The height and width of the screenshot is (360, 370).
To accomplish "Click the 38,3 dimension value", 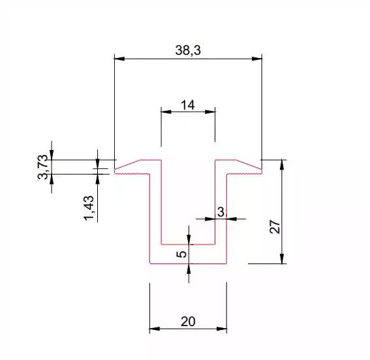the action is click(x=188, y=50).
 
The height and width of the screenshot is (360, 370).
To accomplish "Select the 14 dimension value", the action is click(x=188, y=105).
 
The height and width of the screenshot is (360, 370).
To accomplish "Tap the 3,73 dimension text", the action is click(x=42, y=167).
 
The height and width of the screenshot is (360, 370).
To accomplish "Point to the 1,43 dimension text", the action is click(x=89, y=208).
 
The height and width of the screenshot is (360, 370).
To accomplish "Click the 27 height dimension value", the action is click(x=275, y=226).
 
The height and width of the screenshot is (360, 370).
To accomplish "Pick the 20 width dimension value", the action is click(x=188, y=322).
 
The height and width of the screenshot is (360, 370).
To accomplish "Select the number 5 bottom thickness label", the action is click(x=181, y=254).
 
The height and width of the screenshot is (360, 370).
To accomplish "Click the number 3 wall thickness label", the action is click(x=221, y=212).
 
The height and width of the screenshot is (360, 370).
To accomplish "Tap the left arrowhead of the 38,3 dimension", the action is click(x=119, y=59).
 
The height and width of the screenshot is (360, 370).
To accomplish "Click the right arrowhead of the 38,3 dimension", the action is click(x=257, y=59).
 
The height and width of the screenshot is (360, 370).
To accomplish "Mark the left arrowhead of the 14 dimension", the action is click(x=166, y=112).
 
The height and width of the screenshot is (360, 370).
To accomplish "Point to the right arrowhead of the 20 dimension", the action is click(x=222, y=329).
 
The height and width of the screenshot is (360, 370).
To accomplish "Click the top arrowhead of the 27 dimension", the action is click(x=282, y=164).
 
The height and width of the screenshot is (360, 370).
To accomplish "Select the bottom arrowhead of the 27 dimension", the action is click(x=282, y=259).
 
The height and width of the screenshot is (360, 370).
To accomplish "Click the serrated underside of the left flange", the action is click(x=132, y=174).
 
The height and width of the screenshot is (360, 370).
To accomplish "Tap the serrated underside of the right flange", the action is click(x=245, y=174).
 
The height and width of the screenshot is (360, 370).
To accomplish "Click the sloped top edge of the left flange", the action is click(x=128, y=164).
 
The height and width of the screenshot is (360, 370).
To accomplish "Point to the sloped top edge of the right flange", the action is click(x=249, y=164).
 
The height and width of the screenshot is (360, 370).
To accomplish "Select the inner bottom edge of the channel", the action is click(x=188, y=245).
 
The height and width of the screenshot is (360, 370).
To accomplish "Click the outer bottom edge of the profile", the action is click(x=189, y=263).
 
